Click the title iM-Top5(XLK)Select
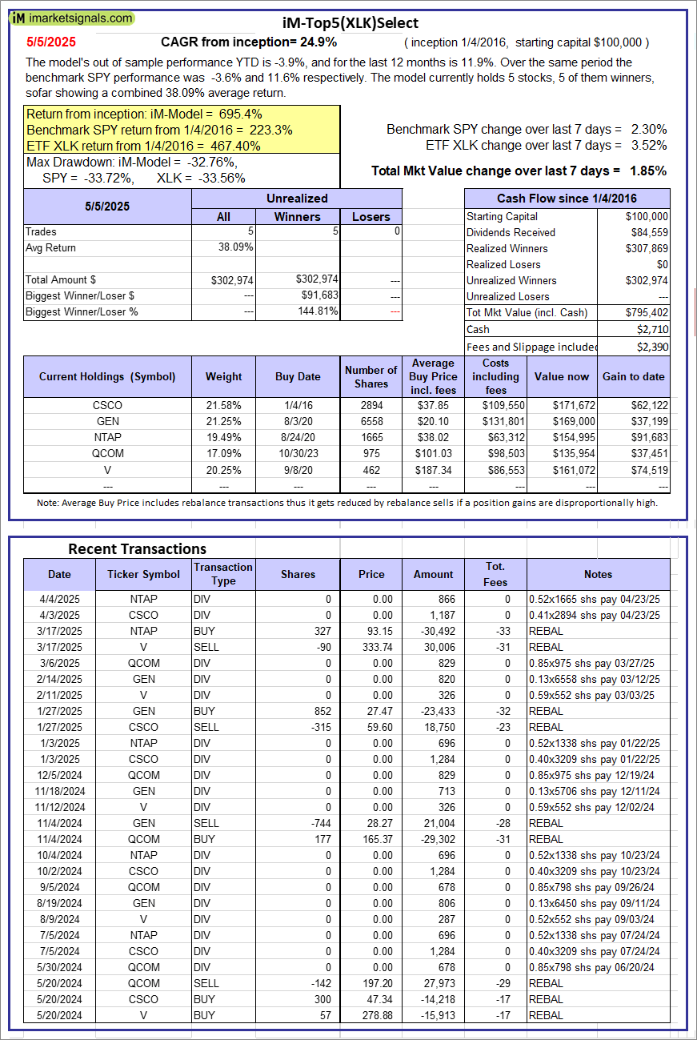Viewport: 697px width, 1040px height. pos(351,23)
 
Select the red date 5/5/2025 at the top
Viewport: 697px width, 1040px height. pos(50,42)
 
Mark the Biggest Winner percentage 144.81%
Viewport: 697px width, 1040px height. pos(318,311)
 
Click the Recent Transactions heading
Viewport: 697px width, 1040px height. pos(137,548)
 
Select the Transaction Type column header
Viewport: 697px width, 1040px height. pos(223,574)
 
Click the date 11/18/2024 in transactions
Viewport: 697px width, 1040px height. pos(59,791)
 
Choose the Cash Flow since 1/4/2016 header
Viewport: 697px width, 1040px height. pos(567,199)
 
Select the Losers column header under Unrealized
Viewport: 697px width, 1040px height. pos(371,216)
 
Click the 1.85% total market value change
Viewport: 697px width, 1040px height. pos(649,171)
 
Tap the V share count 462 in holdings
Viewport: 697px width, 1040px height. pos(371,469)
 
